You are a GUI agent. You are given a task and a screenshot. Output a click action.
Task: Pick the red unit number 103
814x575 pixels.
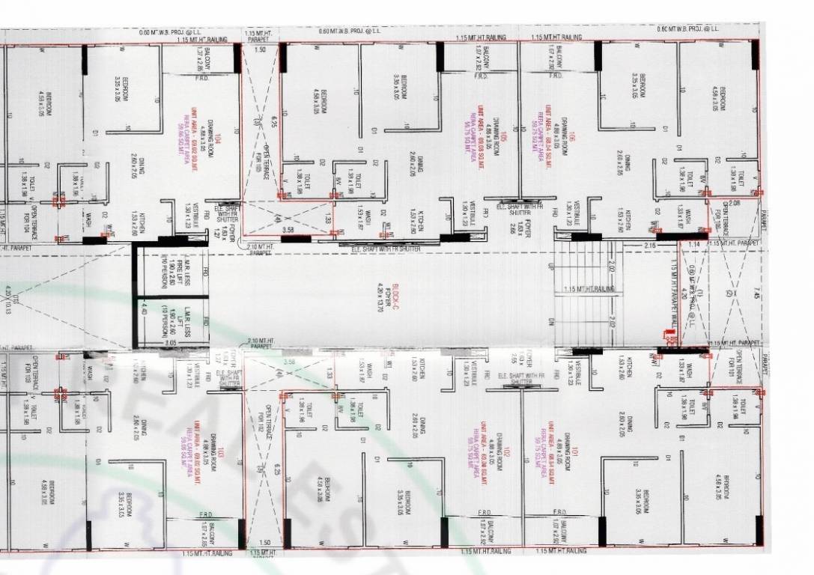click(x=222, y=454)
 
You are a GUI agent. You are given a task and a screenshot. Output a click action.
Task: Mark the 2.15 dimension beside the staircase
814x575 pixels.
click(x=649, y=245)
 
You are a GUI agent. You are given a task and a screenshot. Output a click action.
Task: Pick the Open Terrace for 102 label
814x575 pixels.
click(x=262, y=427)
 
